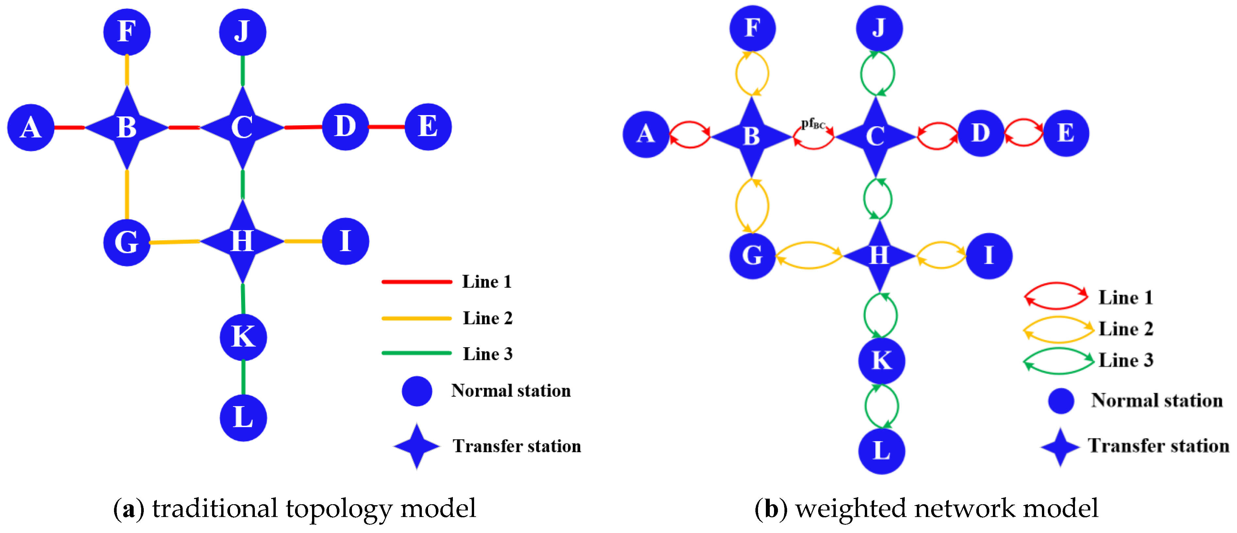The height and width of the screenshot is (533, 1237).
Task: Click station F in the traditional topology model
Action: (127, 32)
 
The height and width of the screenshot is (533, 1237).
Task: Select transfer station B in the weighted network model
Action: (751, 136)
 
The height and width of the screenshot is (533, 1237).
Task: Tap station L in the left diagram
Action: (243, 418)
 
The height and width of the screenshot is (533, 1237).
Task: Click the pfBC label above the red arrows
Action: (813, 124)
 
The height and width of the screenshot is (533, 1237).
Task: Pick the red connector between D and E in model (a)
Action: (387, 127)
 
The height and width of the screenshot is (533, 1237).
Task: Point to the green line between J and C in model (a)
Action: (242, 71)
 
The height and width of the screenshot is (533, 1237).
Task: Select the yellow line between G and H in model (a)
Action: (175, 242)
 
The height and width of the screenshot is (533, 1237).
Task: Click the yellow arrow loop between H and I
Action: (941, 255)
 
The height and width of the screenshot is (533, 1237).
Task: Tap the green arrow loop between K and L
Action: (882, 406)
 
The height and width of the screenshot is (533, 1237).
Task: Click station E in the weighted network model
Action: (1065, 133)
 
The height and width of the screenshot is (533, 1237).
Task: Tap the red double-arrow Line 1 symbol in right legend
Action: (1056, 296)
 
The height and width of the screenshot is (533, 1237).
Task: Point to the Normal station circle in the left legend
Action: (417, 391)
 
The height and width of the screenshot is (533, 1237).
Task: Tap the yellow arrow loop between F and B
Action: (752, 74)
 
